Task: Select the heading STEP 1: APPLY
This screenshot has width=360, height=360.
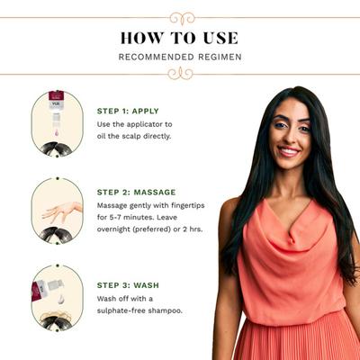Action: coord(128,111)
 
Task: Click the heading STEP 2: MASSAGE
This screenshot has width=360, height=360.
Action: coord(136,193)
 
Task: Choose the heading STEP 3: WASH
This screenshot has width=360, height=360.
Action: coord(128,285)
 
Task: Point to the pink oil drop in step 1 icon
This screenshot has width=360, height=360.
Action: coord(56,132)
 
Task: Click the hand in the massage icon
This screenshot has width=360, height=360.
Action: coord(62,211)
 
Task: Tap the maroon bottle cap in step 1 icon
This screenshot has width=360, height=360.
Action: coord(56,96)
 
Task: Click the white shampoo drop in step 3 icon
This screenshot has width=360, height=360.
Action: coord(61,300)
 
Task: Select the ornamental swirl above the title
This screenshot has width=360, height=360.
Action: coord(182,18)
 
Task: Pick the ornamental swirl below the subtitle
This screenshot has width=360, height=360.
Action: coord(180,74)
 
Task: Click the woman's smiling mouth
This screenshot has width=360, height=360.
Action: coord(288,151)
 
